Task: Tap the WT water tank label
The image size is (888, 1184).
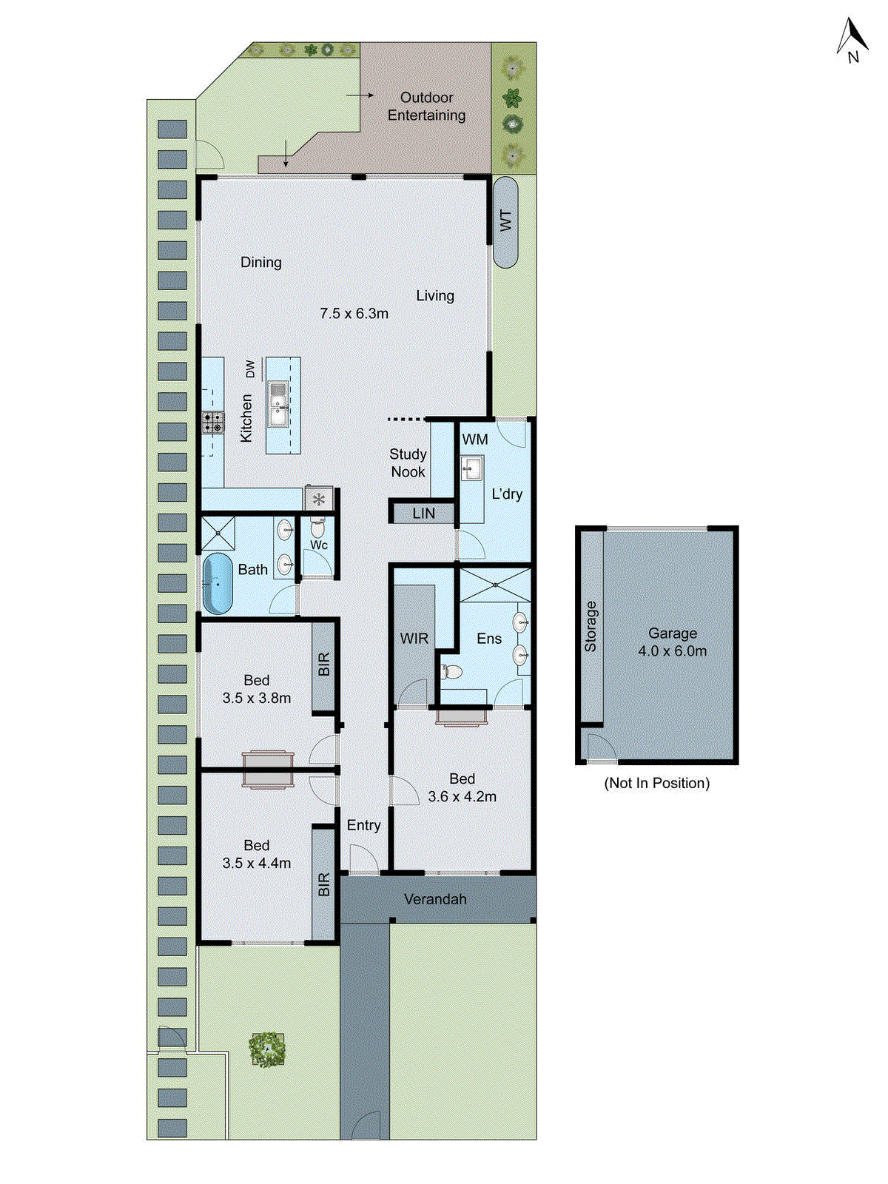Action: [505, 221]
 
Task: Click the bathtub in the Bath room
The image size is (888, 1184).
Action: [217, 584]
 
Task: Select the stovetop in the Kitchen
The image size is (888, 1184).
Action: [212, 423]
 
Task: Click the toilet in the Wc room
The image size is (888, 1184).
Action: [317, 528]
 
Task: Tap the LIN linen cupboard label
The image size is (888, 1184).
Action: [423, 513]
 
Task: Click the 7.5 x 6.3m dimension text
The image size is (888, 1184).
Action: [354, 313]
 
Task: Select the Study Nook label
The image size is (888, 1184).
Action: [408, 462]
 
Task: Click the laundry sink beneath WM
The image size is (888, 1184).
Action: [471, 468]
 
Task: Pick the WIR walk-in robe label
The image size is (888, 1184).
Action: [414, 638]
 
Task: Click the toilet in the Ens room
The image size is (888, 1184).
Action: [451, 672]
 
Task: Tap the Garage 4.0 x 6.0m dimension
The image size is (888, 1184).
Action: [672, 651]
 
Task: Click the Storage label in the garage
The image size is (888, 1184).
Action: [591, 626]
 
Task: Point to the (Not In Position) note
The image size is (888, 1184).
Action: [656, 783]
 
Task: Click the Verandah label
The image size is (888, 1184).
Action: [435, 899]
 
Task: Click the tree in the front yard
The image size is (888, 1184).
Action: [266, 1049]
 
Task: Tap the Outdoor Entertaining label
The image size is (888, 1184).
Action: [426, 106]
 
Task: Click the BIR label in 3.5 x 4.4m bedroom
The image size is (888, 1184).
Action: [323, 884]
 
